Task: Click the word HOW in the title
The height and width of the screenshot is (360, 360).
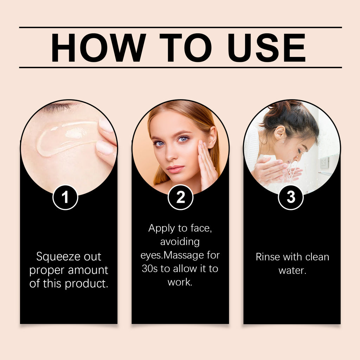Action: (98, 47)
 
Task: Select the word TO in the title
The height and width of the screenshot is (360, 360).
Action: (185, 47)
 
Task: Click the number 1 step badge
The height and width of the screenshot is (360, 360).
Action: (65, 198)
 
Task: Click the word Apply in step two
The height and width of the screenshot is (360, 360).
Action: (161, 229)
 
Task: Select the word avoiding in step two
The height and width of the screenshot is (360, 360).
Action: (180, 242)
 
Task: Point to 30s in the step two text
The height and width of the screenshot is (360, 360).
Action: (149, 269)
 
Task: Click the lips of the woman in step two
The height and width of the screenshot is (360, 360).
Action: (175, 169)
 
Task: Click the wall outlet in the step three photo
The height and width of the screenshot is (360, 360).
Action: (324, 163)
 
